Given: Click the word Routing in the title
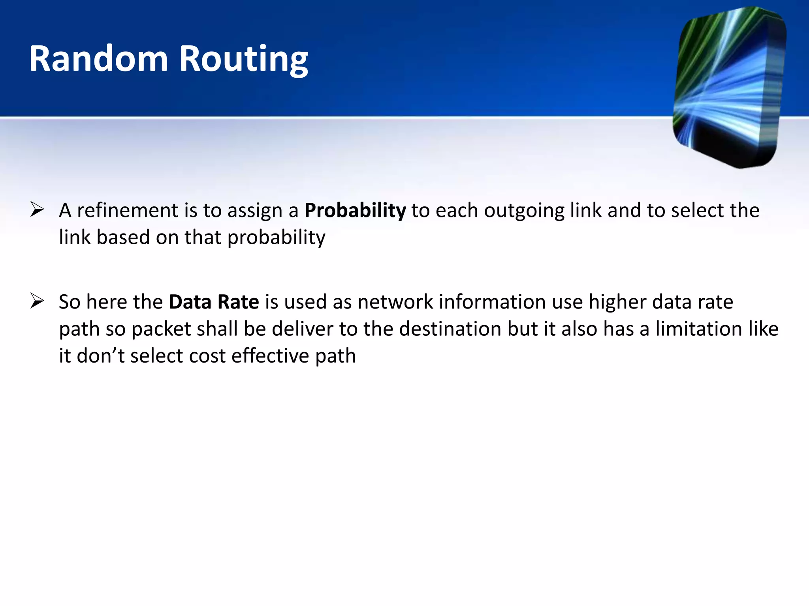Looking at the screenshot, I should point(243,59).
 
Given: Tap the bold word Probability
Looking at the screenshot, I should point(355,211).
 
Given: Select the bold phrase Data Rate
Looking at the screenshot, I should point(214,302).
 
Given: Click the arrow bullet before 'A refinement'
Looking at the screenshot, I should point(37,209).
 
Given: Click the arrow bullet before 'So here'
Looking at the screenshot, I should point(37,301).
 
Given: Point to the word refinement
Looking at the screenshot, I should point(128,211).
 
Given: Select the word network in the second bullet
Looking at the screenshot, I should point(395,302).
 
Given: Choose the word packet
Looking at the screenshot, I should point(161,329).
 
